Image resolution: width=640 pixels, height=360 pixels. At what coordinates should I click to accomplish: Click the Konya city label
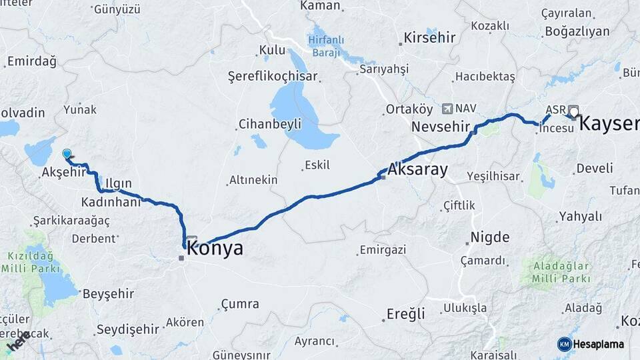(215, 249)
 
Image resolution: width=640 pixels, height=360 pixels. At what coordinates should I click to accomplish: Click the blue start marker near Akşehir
(67, 154)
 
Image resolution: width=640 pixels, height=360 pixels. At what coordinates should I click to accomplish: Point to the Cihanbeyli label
(269, 124)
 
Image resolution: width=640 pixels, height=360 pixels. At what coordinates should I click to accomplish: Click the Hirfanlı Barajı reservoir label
(326, 45)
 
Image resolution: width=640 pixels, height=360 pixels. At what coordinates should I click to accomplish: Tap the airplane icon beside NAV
(446, 108)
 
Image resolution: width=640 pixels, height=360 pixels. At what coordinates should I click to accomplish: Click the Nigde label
(489, 237)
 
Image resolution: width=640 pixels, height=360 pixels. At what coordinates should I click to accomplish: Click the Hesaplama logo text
(599, 344)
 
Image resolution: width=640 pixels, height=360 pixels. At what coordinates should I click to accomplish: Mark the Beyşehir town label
(107, 293)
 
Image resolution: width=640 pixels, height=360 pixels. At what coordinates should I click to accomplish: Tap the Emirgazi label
(383, 250)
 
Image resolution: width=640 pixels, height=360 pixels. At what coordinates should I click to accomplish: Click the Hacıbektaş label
(485, 77)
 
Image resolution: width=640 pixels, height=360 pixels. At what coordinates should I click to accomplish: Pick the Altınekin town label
(253, 179)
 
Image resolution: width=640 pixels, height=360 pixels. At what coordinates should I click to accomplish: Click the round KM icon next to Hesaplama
(564, 344)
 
